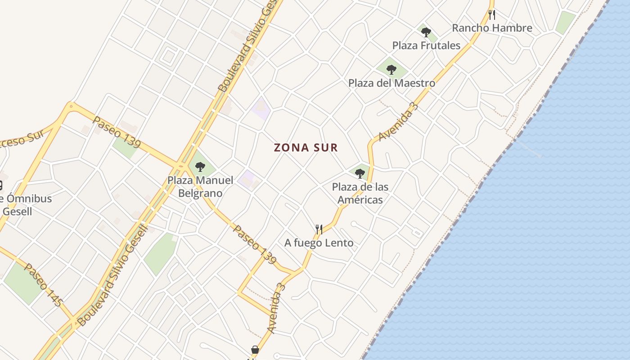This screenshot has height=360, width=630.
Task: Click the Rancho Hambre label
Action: pyautogui.click(x=492, y=28)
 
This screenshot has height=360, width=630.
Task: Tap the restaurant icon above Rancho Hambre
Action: pyautogui.click(x=492, y=15)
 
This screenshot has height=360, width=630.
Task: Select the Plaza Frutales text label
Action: pyautogui.click(x=426, y=45)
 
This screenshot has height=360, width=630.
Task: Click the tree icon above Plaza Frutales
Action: pyautogui.click(x=426, y=32)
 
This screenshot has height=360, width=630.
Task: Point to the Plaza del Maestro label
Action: pyautogui.click(x=391, y=83)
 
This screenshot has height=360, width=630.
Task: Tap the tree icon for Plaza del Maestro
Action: pyautogui.click(x=391, y=70)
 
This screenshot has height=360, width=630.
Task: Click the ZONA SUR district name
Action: pyautogui.click(x=306, y=148)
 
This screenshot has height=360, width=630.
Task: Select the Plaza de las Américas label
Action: pyautogui.click(x=360, y=193)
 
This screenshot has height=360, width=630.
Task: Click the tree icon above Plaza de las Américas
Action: pyautogui.click(x=360, y=174)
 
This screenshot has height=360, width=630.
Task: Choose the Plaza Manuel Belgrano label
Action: pyautogui.click(x=200, y=187)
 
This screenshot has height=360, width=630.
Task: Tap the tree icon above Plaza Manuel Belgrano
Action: pyautogui.click(x=200, y=167)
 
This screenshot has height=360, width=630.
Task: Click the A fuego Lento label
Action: pyautogui.click(x=319, y=243)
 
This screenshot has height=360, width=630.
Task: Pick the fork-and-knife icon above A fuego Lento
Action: pyautogui.click(x=319, y=229)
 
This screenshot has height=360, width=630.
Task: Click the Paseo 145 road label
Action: pyautogui.click(x=43, y=285)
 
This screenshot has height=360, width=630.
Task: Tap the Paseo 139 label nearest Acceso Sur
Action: pyautogui.click(x=117, y=133)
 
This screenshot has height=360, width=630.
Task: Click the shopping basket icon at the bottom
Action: pyautogui.click(x=255, y=350)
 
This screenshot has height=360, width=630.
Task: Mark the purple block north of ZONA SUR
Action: pyautogui.click(x=261, y=109)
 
